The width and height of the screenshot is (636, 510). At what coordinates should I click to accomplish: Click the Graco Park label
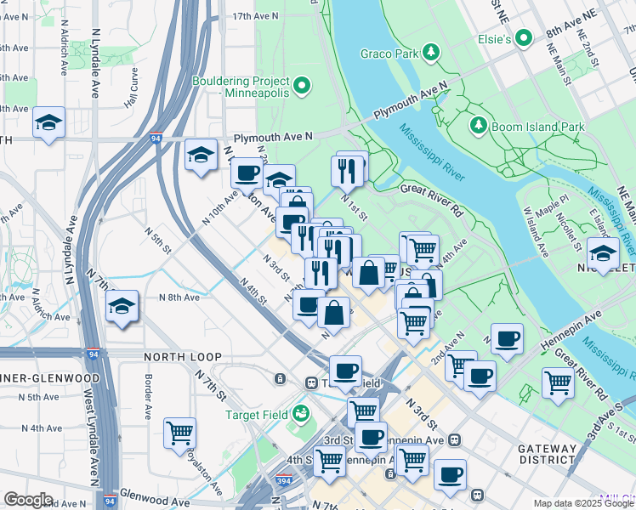[x=389, y=54]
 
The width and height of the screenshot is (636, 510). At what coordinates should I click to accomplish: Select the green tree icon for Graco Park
[x=432, y=54]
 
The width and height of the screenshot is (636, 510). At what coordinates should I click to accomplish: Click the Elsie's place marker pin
[x=525, y=39]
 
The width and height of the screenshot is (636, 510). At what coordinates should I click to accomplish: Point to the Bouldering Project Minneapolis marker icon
[x=301, y=84]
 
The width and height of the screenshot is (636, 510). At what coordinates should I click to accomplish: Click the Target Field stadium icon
[x=299, y=414]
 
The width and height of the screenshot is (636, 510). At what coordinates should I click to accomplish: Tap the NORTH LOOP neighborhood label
[x=183, y=357]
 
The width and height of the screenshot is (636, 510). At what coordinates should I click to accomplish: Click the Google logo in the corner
[x=28, y=500]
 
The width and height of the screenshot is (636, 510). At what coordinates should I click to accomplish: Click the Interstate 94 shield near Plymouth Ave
[x=156, y=136]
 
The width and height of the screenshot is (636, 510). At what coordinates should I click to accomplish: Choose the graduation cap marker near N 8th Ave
[x=122, y=306]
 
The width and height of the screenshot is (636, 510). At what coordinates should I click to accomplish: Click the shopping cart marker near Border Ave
[x=180, y=433]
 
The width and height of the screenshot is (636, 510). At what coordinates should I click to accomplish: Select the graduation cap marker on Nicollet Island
[x=603, y=253]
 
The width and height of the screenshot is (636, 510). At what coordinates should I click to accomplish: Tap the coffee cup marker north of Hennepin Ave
[x=508, y=338]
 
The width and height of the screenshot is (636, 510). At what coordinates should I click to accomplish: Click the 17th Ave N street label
[x=255, y=16]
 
